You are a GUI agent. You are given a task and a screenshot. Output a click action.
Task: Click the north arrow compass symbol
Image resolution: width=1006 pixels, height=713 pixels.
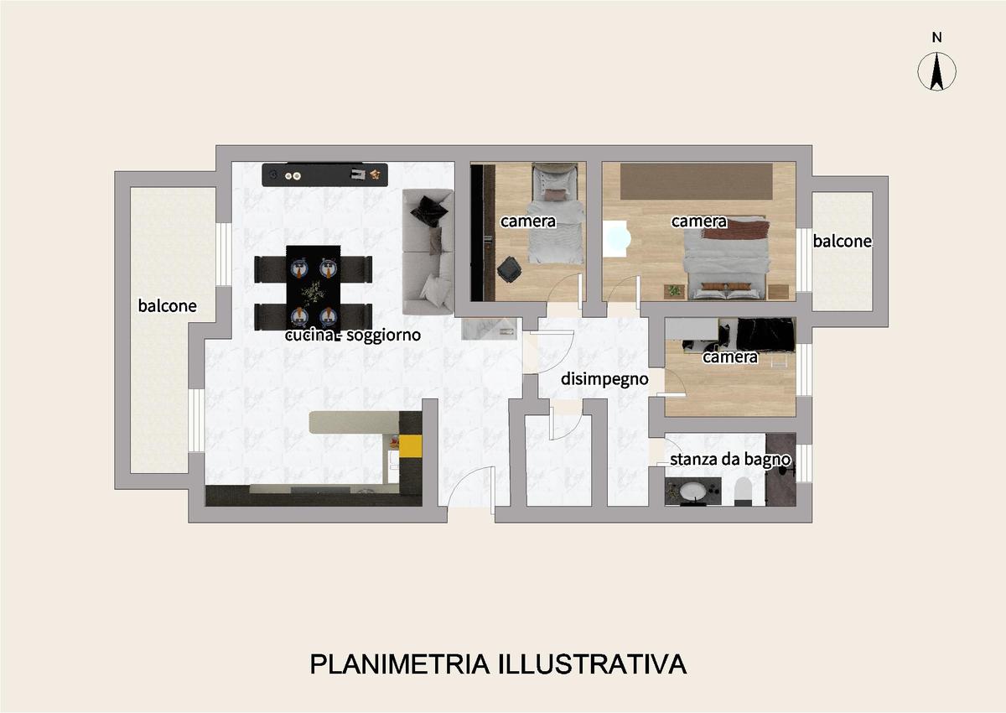[937, 71]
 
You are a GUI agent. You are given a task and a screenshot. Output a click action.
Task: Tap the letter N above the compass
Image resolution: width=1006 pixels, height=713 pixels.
[937, 38]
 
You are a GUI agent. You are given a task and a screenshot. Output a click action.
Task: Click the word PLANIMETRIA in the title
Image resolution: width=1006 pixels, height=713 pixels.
[400, 664]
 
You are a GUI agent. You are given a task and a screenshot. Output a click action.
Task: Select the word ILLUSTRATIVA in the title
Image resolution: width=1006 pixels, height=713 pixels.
[592, 664]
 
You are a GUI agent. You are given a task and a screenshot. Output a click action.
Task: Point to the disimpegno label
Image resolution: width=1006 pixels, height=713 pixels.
[604, 379]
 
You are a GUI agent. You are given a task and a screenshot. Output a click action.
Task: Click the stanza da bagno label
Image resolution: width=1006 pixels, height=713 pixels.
[730, 460]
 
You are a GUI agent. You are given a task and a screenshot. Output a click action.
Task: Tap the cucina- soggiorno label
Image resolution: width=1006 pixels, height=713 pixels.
[353, 336]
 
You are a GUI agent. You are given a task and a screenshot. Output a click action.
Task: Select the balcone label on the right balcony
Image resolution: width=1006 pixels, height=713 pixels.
[842, 242]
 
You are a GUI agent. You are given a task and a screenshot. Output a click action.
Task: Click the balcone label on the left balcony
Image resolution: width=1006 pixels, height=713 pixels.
[167, 306]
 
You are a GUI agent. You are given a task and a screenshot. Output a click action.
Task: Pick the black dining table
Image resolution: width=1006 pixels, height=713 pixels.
[313, 288]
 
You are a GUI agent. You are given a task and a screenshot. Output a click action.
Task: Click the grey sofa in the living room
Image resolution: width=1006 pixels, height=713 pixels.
[428, 252]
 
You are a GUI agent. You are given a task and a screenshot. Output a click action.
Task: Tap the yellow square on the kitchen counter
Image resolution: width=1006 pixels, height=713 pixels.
[411, 446]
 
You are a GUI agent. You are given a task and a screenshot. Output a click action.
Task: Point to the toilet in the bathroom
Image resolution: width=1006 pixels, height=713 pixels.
[743, 490]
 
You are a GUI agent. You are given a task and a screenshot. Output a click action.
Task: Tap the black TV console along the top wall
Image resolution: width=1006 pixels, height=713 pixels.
[324, 174]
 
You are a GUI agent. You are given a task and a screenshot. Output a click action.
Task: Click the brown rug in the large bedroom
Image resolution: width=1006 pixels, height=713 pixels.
[697, 181]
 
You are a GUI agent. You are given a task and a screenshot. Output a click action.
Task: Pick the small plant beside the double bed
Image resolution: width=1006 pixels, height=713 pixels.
[674, 291]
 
